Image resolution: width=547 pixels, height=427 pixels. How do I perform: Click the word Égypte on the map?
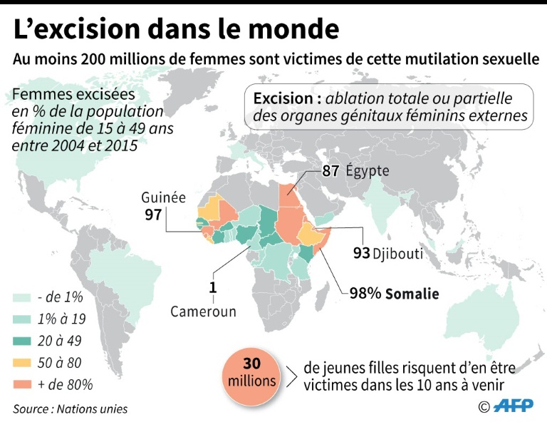[369, 171]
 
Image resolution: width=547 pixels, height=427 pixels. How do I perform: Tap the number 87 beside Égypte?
[330, 171]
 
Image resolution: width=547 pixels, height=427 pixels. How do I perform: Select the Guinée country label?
[163, 197]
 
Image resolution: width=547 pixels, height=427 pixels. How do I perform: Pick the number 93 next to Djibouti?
[361, 253]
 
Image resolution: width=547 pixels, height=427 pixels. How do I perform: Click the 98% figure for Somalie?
[365, 293]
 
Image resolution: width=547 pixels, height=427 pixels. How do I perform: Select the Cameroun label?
[203, 312]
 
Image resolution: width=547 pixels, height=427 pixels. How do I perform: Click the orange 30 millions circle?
[251, 371]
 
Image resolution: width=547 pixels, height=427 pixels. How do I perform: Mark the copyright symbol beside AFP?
[484, 407]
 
